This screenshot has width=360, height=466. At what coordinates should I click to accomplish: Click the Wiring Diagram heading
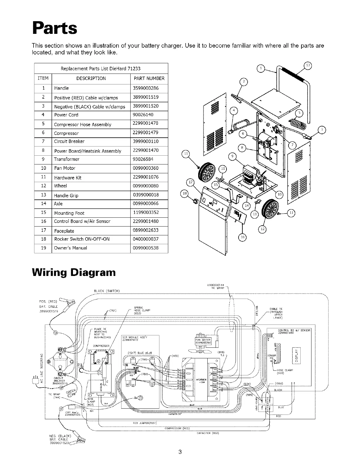74,272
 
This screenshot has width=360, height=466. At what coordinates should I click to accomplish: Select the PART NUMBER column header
149,79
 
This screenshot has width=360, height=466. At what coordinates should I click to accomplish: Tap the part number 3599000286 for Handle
146,88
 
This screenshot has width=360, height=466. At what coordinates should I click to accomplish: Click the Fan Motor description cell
65,168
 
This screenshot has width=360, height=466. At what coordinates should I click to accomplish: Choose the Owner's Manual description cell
71,248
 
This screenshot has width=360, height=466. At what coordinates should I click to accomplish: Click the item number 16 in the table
44,221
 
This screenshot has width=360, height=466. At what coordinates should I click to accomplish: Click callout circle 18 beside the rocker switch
185,194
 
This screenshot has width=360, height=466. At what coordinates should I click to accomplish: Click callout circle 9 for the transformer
232,156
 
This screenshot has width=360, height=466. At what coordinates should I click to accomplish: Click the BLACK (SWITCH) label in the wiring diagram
106,291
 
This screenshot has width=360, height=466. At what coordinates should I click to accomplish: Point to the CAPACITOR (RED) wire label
207,433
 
